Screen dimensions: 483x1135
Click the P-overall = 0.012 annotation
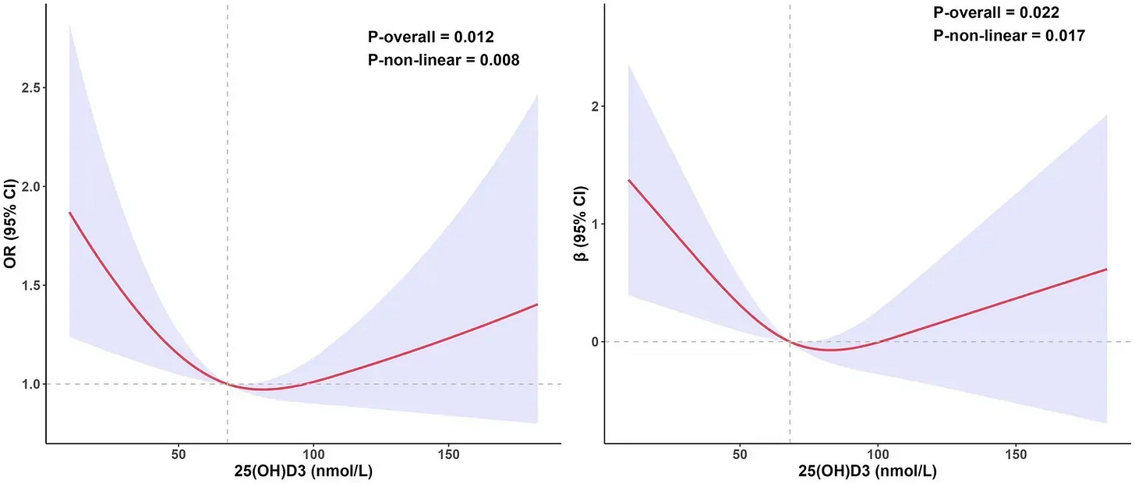click(431, 37)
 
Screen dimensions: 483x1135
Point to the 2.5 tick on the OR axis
click(31, 88)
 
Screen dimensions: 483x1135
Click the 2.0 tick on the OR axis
click(31, 187)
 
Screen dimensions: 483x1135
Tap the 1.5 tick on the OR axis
click(31, 285)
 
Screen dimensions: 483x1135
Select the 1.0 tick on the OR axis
click(31, 384)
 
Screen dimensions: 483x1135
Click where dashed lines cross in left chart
click(227, 384)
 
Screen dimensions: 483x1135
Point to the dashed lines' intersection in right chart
click(790, 342)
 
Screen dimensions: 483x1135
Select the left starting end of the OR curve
click(70, 213)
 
